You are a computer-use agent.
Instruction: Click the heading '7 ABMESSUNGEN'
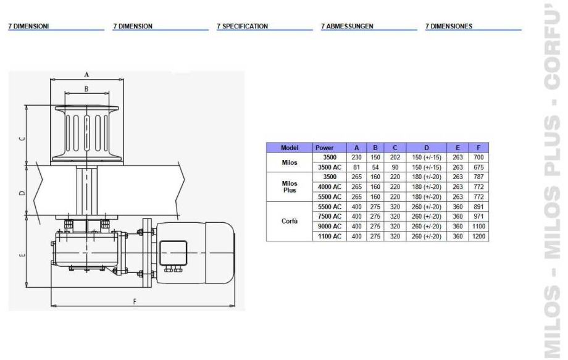click(347, 26)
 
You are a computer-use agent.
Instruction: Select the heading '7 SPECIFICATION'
click(243, 26)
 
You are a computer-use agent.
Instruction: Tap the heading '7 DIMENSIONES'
click(449, 26)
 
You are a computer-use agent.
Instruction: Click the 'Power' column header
click(324, 148)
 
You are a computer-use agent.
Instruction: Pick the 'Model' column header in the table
click(290, 148)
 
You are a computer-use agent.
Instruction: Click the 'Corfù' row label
click(290, 221)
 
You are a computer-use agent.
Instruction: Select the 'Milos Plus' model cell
click(290, 186)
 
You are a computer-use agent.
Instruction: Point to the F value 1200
click(478, 236)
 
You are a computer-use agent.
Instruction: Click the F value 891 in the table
click(478, 206)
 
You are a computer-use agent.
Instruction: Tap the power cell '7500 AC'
click(330, 216)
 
